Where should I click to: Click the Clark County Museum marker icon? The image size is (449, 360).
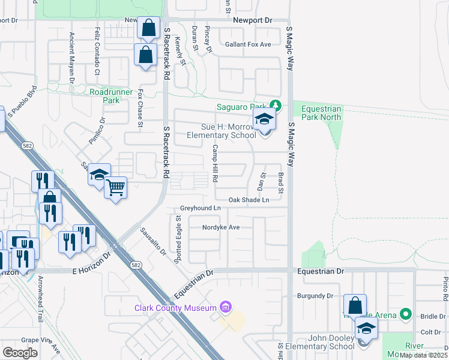pyautogui.click(x=226, y=308)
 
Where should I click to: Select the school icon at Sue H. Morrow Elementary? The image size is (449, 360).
pyautogui.click(x=264, y=121)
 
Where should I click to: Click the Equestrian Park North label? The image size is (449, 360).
pyautogui.click(x=321, y=113)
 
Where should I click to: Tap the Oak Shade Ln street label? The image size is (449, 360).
pyautogui.click(x=249, y=200)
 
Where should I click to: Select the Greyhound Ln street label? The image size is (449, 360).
pyautogui.click(x=200, y=208)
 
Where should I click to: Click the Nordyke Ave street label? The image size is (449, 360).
pyautogui.click(x=221, y=227)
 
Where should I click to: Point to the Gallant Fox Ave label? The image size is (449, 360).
pyautogui.click(x=248, y=44)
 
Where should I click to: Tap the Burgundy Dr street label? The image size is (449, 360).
pyautogui.click(x=315, y=296)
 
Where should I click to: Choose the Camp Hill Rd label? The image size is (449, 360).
pyautogui.click(x=214, y=164)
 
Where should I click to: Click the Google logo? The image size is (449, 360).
pyautogui.click(x=20, y=353)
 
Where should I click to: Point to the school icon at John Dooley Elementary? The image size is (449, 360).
pyautogui.click(x=366, y=328)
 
